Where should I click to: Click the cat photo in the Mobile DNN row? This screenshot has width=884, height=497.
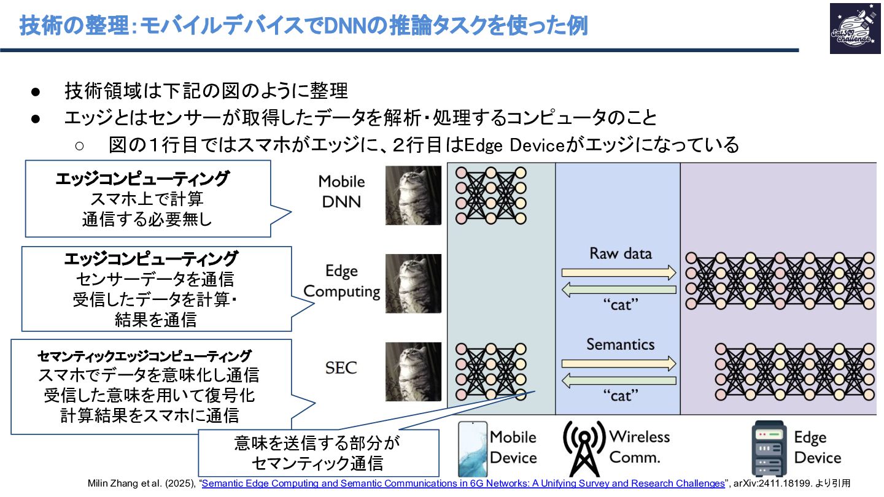[413, 195]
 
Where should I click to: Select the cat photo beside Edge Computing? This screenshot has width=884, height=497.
[413, 283]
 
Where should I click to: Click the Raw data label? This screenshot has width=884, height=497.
[620, 253]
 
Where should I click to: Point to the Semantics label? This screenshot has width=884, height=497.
[620, 344]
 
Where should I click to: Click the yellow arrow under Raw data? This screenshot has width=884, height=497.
[618, 272]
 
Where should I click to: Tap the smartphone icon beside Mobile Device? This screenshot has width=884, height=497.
[472, 449]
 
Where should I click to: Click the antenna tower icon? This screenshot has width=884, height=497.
[584, 446]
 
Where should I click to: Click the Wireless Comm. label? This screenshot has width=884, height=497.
[638, 447]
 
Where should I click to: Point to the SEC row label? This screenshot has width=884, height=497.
[341, 368]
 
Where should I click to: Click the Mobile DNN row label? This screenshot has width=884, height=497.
[341, 191]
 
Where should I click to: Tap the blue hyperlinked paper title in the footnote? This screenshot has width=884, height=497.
[463, 484]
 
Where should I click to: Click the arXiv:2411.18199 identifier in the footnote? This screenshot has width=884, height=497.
[775, 484]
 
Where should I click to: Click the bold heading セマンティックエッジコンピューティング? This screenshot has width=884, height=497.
[144, 356]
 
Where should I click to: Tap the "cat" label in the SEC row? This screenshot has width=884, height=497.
[620, 395]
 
